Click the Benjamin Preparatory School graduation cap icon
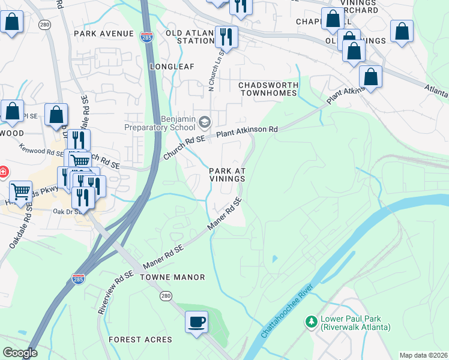(x=204, y=122)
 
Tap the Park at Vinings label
(x=228, y=175)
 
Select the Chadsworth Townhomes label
(x=268, y=89)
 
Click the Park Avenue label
(x=103, y=34)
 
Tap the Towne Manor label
(x=172, y=277)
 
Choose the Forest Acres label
(x=140, y=340)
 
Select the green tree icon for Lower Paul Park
(x=311, y=322)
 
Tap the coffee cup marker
(x=196, y=322)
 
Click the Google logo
(x=19, y=353)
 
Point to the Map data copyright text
(x=423, y=355)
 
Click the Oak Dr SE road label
(x=65, y=211)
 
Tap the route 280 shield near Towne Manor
(x=166, y=296)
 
